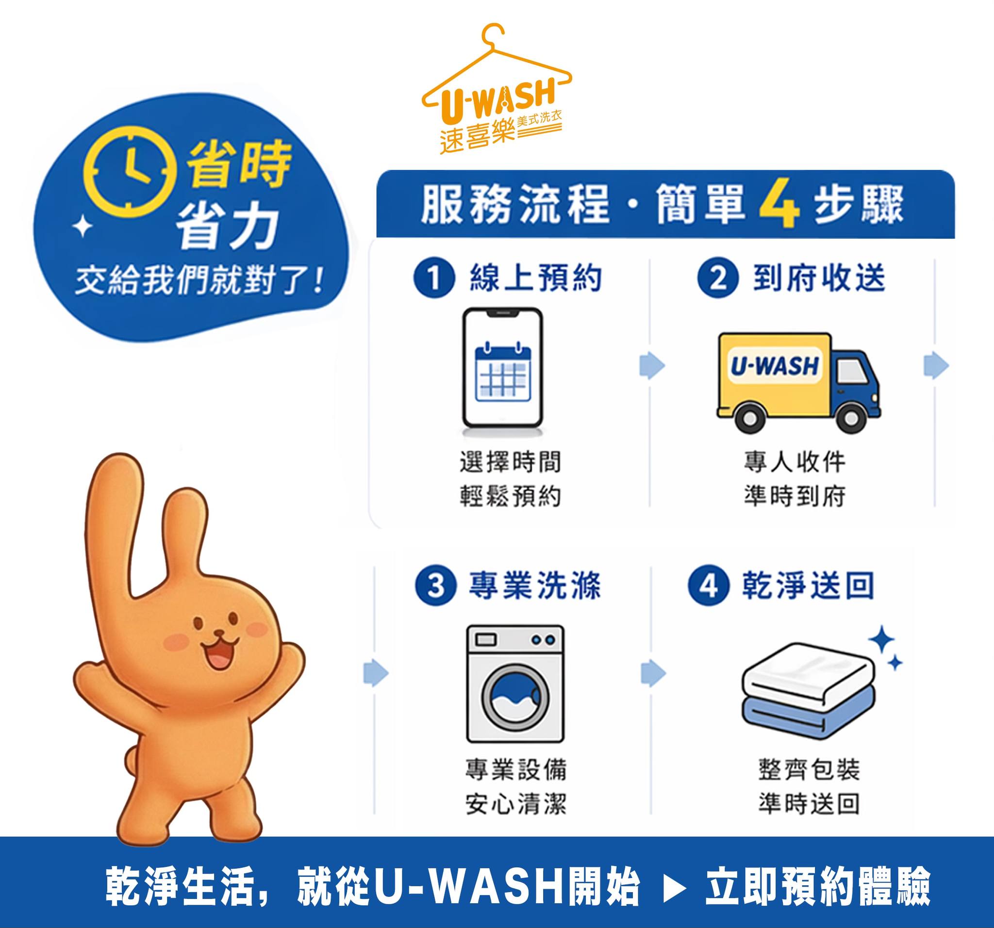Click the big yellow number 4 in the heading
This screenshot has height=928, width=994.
click(779, 205)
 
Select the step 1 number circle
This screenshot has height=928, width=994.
click(434, 277)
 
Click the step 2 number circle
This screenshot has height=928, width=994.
click(717, 277)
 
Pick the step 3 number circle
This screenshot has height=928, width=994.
click(435, 585)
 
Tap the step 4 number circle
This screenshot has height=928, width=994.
click(709, 585)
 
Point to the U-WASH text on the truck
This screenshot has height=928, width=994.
click(775, 365)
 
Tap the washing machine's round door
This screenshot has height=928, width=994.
click(515, 697)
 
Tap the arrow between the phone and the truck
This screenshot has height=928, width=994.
click(652, 365)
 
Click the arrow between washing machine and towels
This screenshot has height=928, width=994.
click(653, 673)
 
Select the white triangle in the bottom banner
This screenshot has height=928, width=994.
click(674, 888)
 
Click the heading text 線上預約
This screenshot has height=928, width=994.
click(535, 278)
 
